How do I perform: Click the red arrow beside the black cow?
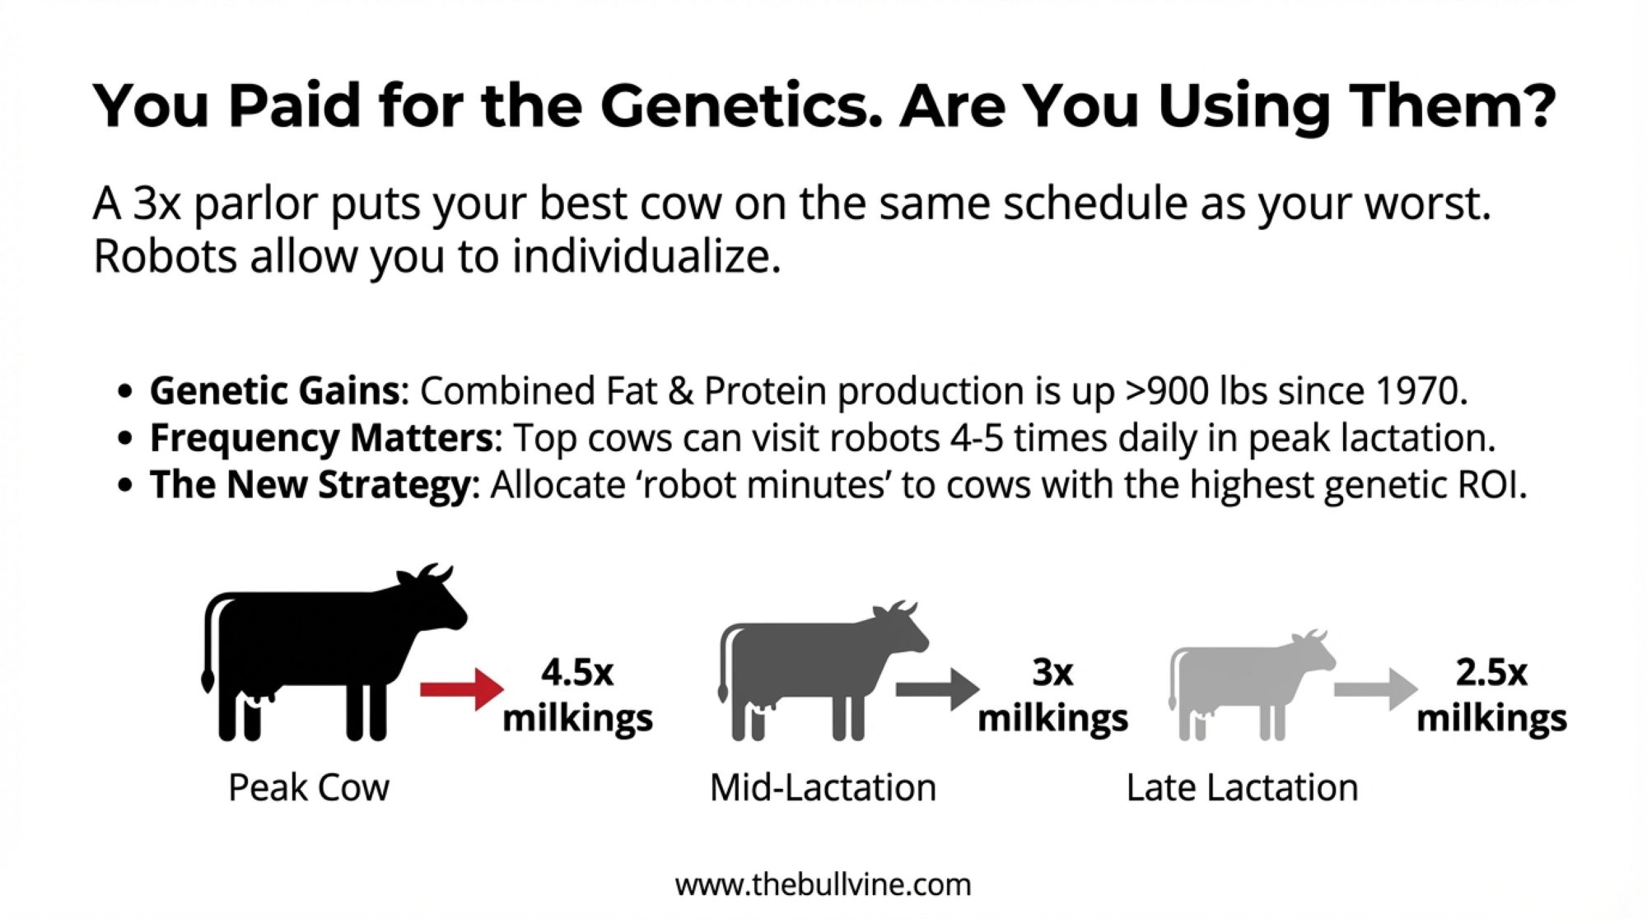(x=462, y=689)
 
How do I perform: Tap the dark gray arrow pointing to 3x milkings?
(x=938, y=689)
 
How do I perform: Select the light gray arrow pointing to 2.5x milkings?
(x=1376, y=689)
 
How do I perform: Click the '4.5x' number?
(x=577, y=673)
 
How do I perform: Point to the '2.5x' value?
(x=1491, y=673)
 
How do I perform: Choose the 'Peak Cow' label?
(x=309, y=788)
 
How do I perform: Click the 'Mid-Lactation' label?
(x=823, y=788)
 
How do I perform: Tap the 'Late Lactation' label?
(x=1242, y=788)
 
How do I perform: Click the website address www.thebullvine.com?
(x=823, y=885)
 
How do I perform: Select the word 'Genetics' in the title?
(x=741, y=106)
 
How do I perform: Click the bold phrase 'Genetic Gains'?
(x=275, y=391)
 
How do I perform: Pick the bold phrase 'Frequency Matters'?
(x=321, y=438)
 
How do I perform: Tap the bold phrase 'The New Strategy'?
(x=310, y=485)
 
